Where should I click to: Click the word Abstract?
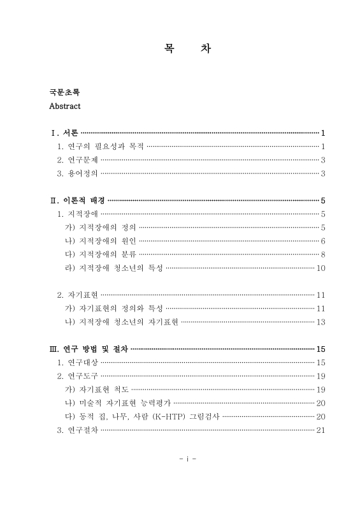(64, 106)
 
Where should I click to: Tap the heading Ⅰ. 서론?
(64, 133)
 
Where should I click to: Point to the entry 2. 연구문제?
(77, 160)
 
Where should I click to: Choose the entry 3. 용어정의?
(77, 173)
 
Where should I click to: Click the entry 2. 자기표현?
(77, 295)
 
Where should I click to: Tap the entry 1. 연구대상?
(77, 362)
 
